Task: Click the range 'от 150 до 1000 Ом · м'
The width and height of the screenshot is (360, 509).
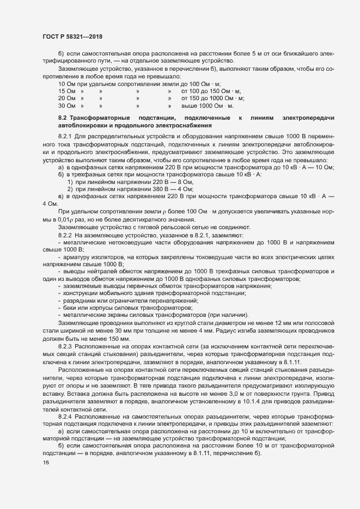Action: tap(212, 99)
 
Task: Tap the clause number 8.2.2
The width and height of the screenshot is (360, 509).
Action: tap(65, 234)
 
